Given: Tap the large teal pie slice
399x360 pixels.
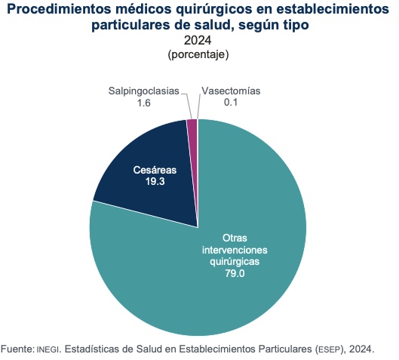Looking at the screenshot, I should tap(226, 287).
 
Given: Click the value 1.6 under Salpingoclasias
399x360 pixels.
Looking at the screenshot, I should tap(144, 103).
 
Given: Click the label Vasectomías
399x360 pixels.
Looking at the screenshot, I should tap(231, 91).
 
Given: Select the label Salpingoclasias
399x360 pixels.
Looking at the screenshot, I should tap(144, 91).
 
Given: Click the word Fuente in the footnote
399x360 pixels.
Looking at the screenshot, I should tap(16, 349).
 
